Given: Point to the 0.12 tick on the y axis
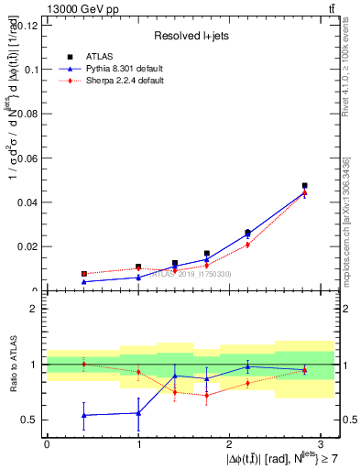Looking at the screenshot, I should [27, 25].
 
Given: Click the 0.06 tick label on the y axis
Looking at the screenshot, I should [27, 158].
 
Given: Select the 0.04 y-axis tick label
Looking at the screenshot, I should [27, 202].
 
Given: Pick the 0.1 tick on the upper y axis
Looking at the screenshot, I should [30, 70].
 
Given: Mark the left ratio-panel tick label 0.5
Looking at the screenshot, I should [30, 420].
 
